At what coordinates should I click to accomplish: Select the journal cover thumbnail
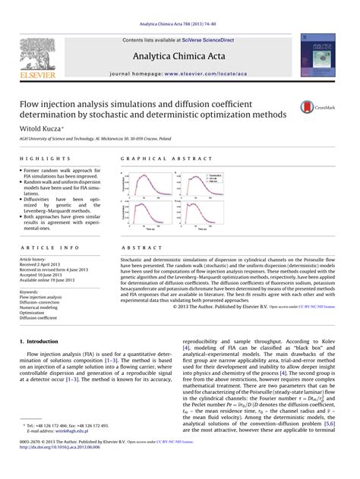317,55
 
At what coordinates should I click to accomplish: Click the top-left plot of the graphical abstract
147,184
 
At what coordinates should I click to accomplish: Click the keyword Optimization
32,312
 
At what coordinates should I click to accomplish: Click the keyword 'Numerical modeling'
39,307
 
